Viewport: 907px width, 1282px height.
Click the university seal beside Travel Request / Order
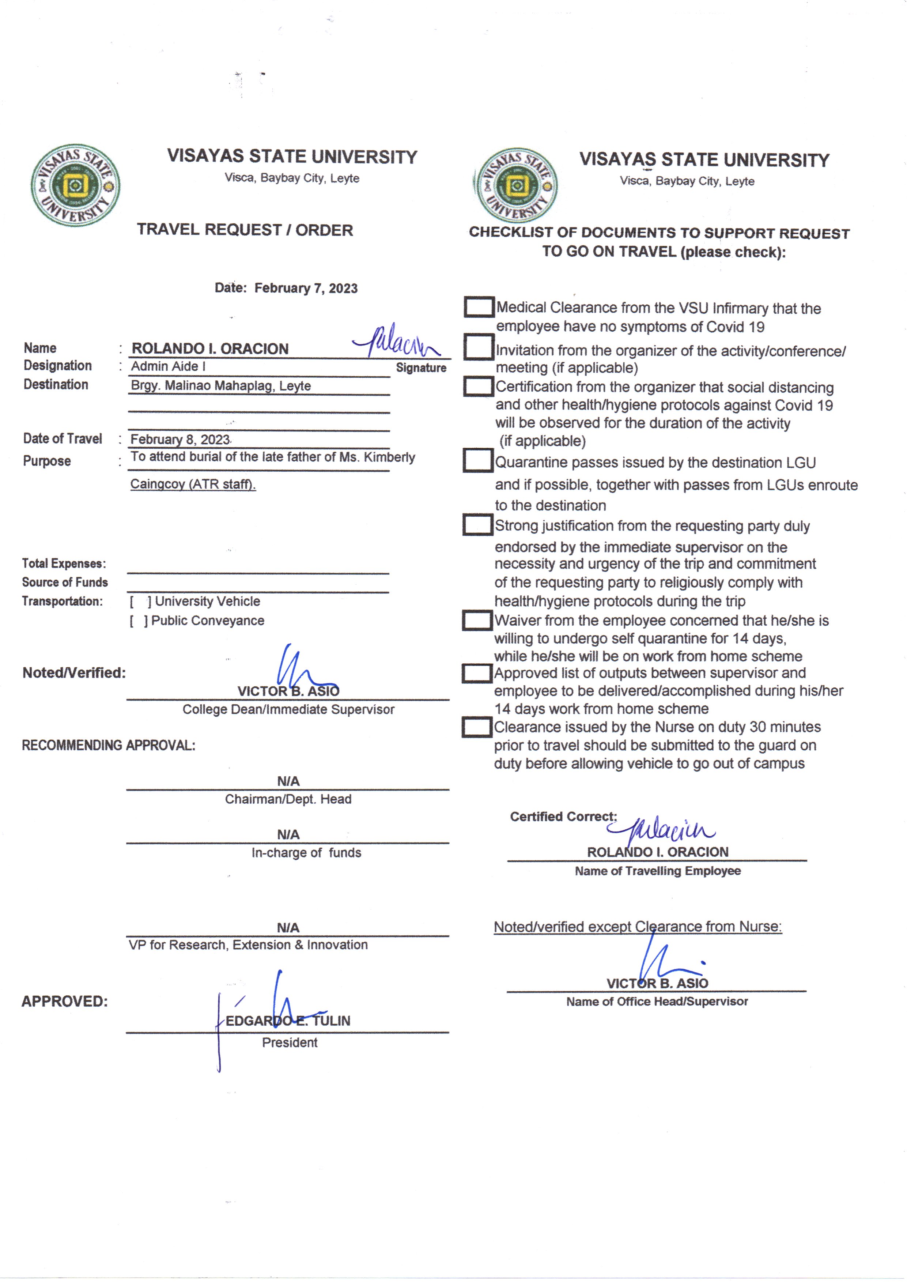(x=75, y=185)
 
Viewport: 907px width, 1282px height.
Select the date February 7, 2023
(x=306, y=288)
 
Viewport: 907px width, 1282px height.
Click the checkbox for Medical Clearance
(x=479, y=307)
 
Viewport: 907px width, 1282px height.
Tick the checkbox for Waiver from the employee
(x=477, y=621)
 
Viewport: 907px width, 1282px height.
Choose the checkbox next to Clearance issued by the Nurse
(x=476, y=727)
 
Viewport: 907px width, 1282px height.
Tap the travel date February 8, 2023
(x=180, y=440)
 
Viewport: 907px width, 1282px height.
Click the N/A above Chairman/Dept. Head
(x=288, y=781)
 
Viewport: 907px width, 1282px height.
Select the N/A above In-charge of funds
(x=288, y=834)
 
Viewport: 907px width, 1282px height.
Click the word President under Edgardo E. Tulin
(x=289, y=1042)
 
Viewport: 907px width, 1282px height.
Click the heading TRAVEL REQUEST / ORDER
(x=245, y=230)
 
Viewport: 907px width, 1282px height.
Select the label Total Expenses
(x=64, y=563)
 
